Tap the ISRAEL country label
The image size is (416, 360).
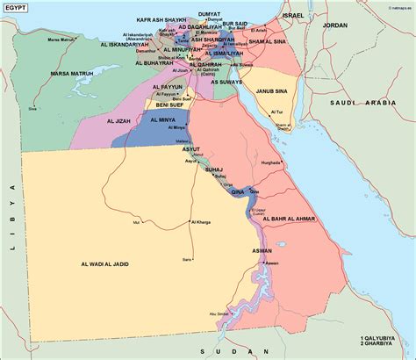[x=318, y=16]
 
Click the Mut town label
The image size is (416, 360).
[x=136, y=222]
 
